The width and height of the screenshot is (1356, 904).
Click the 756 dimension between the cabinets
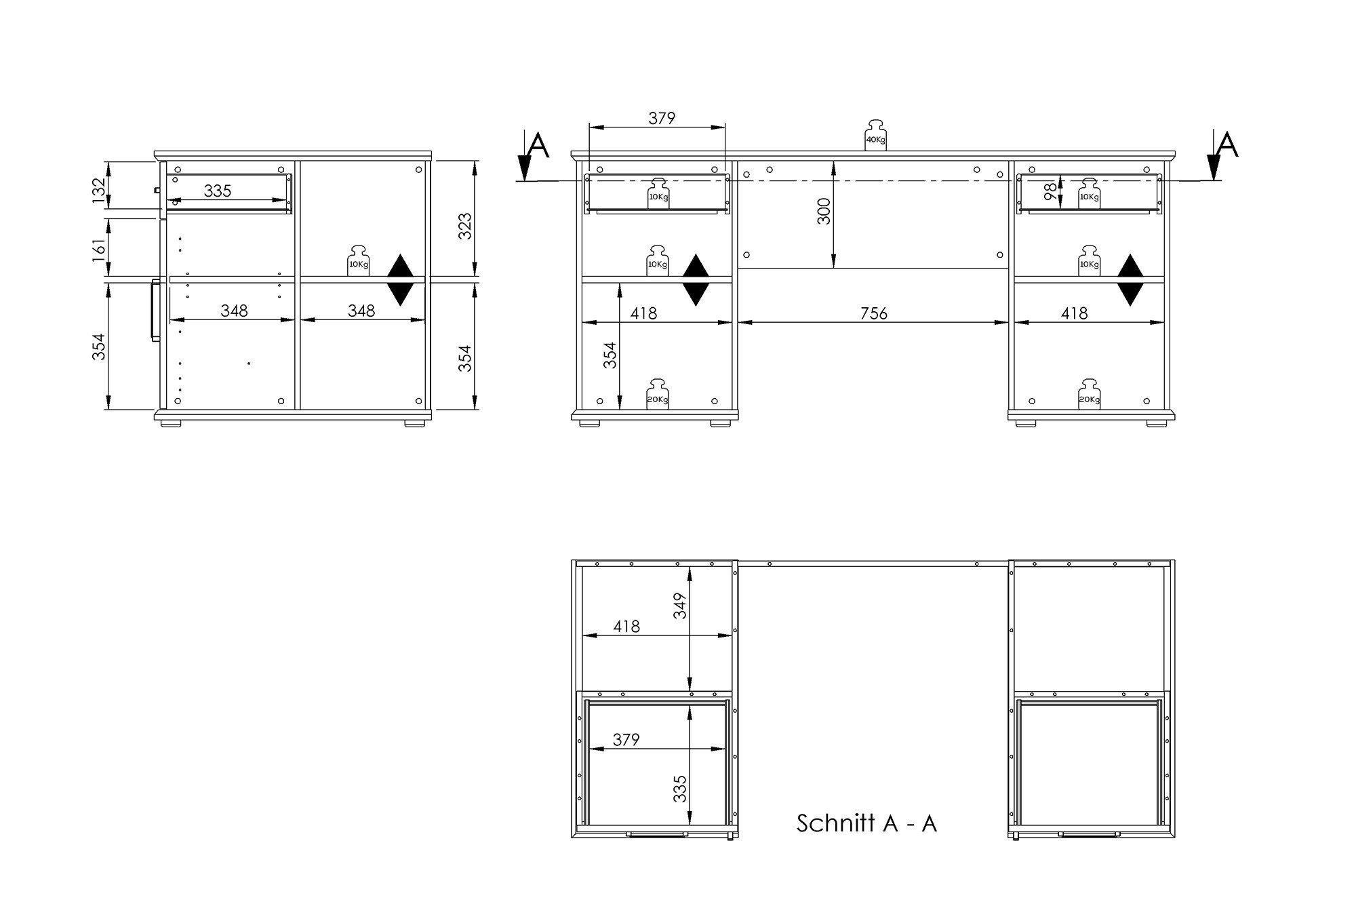pyautogui.click(x=873, y=313)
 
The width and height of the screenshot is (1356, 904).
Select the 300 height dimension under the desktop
pyautogui.click(x=824, y=212)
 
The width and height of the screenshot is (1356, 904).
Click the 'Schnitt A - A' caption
pyautogui.click(x=866, y=823)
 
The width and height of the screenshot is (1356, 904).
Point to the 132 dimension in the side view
pyautogui.click(x=99, y=190)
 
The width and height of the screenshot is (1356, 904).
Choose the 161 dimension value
pyautogui.click(x=99, y=248)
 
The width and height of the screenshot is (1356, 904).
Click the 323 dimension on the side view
pyautogui.click(x=465, y=227)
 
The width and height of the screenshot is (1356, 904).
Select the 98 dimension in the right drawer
pyautogui.click(x=1050, y=193)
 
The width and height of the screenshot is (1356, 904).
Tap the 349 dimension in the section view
pyautogui.click(x=680, y=606)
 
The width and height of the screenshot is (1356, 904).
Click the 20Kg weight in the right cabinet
pyautogui.click(x=1089, y=394)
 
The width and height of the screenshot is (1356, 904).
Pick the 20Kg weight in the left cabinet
pyautogui.click(x=657, y=394)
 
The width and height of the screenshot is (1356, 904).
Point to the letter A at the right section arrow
pyautogui.click(x=1227, y=145)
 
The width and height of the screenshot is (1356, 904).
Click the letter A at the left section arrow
pyautogui.click(x=538, y=145)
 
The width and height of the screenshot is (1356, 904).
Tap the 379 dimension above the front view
pyautogui.click(x=662, y=118)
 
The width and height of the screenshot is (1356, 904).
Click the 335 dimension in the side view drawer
pyautogui.click(x=218, y=191)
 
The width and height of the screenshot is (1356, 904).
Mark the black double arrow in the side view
pyautogui.click(x=401, y=279)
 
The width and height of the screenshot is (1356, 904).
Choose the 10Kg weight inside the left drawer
pyautogui.click(x=658, y=193)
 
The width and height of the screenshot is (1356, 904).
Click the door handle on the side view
pyautogui.click(x=154, y=309)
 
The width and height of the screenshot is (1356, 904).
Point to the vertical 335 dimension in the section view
pyautogui.click(x=680, y=789)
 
